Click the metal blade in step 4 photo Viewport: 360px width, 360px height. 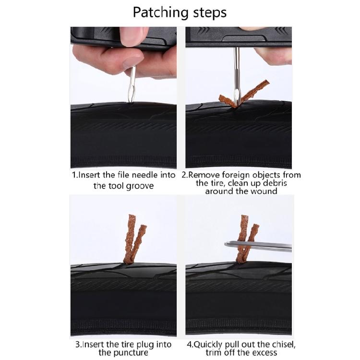(x=259, y=245)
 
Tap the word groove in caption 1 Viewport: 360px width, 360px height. (x=139, y=185)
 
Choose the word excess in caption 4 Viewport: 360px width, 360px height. (x=264, y=353)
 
